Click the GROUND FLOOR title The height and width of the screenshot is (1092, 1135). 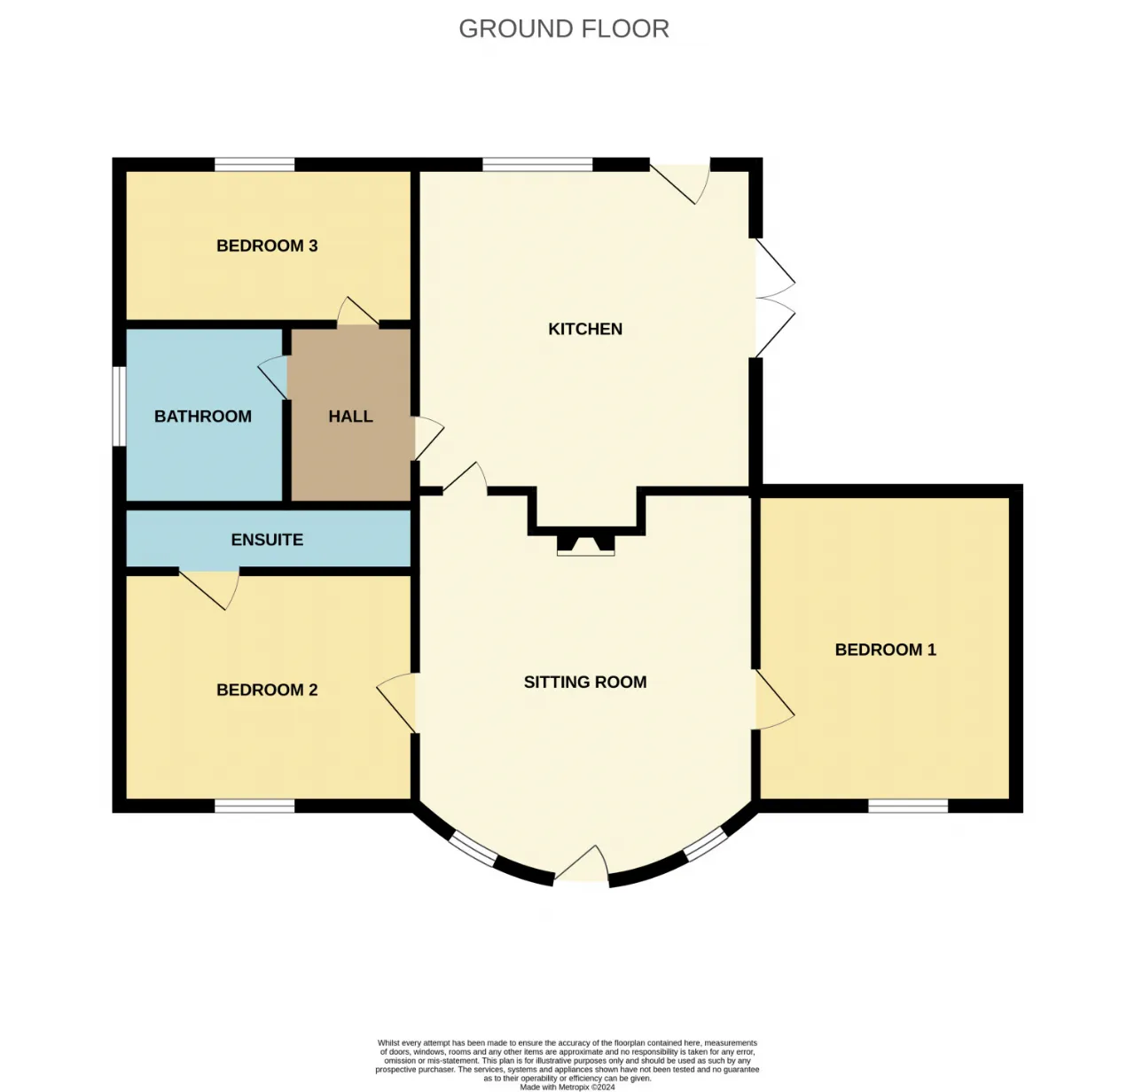tap(563, 28)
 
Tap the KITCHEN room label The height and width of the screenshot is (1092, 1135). tap(585, 329)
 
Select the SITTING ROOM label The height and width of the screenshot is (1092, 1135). tap(585, 682)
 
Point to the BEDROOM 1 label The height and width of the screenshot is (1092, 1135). tap(885, 650)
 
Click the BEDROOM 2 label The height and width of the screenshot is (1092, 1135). tap(267, 690)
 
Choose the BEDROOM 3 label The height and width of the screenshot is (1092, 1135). tap(267, 246)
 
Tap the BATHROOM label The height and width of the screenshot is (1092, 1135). tap(203, 417)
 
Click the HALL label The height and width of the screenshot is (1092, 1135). tap(350, 417)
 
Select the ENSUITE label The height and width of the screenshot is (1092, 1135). tap(267, 540)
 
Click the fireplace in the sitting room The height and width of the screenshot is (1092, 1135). tap(585, 544)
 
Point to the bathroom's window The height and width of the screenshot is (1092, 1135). tap(119, 406)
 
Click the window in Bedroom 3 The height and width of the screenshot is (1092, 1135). tap(254, 164)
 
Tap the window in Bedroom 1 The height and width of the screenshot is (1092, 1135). tap(908, 806)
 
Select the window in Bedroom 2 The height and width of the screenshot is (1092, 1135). tap(254, 806)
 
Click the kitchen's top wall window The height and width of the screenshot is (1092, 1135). tap(537, 164)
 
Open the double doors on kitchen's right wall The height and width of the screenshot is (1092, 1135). tap(775, 298)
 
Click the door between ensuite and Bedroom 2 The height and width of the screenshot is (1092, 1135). tap(208, 588)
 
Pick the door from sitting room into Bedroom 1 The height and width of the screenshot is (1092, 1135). tap(775, 699)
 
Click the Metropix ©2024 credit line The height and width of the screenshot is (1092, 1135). tap(567, 1088)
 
